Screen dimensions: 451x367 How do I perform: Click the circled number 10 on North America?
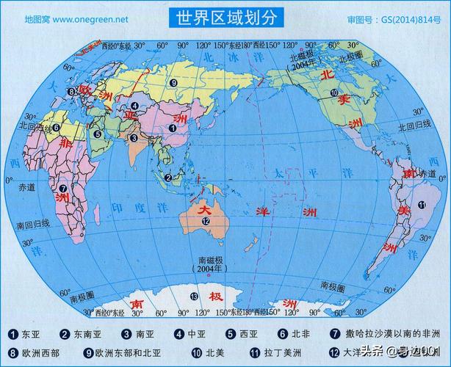pos(333,93)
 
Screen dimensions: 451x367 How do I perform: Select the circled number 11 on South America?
pos(421,205)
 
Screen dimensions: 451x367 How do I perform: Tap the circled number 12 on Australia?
pos(206,222)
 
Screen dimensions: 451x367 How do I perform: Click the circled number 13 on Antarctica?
pos(194,296)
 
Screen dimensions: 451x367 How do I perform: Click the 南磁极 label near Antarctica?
pos(212,260)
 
